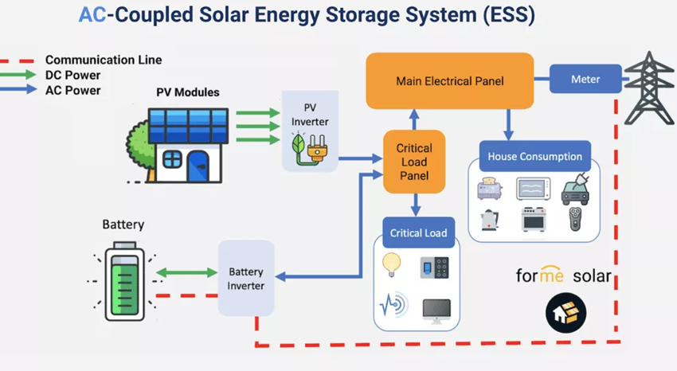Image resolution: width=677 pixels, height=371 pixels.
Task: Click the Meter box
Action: point(585,80)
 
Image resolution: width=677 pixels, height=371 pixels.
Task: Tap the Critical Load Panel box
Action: point(413,162)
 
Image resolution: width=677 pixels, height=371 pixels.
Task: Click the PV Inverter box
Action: point(310,131)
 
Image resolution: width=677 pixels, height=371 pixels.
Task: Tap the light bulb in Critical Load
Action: point(392,264)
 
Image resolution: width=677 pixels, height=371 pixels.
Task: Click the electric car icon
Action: point(576,189)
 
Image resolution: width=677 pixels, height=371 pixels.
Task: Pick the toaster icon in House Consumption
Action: point(488,189)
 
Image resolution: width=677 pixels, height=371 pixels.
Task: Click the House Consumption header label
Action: point(534,157)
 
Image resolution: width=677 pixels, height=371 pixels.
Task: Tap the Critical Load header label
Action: point(418,233)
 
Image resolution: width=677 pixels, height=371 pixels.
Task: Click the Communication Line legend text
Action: point(104,60)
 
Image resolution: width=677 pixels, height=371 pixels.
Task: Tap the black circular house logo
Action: point(566,314)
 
